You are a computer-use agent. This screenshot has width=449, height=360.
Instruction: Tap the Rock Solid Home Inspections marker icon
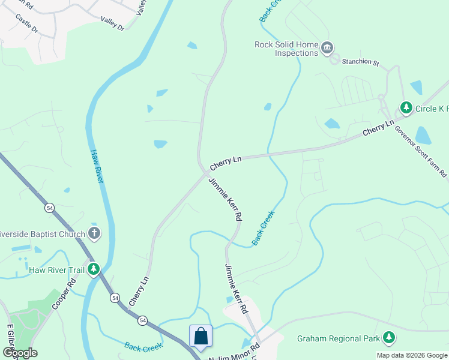coord(327,48)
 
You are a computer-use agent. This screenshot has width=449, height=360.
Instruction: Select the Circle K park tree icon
coord(406,108)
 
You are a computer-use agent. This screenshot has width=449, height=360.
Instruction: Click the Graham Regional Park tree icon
coord(390,338)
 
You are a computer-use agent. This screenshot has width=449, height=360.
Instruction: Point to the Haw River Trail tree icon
coord(93,269)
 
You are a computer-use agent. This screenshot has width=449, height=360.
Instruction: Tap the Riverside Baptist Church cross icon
coord(94,233)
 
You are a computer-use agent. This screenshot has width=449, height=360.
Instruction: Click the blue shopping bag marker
coord(201,337)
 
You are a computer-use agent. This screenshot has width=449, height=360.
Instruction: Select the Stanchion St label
coord(361,62)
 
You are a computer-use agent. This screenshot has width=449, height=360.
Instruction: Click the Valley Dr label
coord(112,28)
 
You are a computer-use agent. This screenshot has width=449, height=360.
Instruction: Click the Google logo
coord(20,353)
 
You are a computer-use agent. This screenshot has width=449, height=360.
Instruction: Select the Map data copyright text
coord(412,355)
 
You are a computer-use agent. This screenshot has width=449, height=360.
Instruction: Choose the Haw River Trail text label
coord(57,270)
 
